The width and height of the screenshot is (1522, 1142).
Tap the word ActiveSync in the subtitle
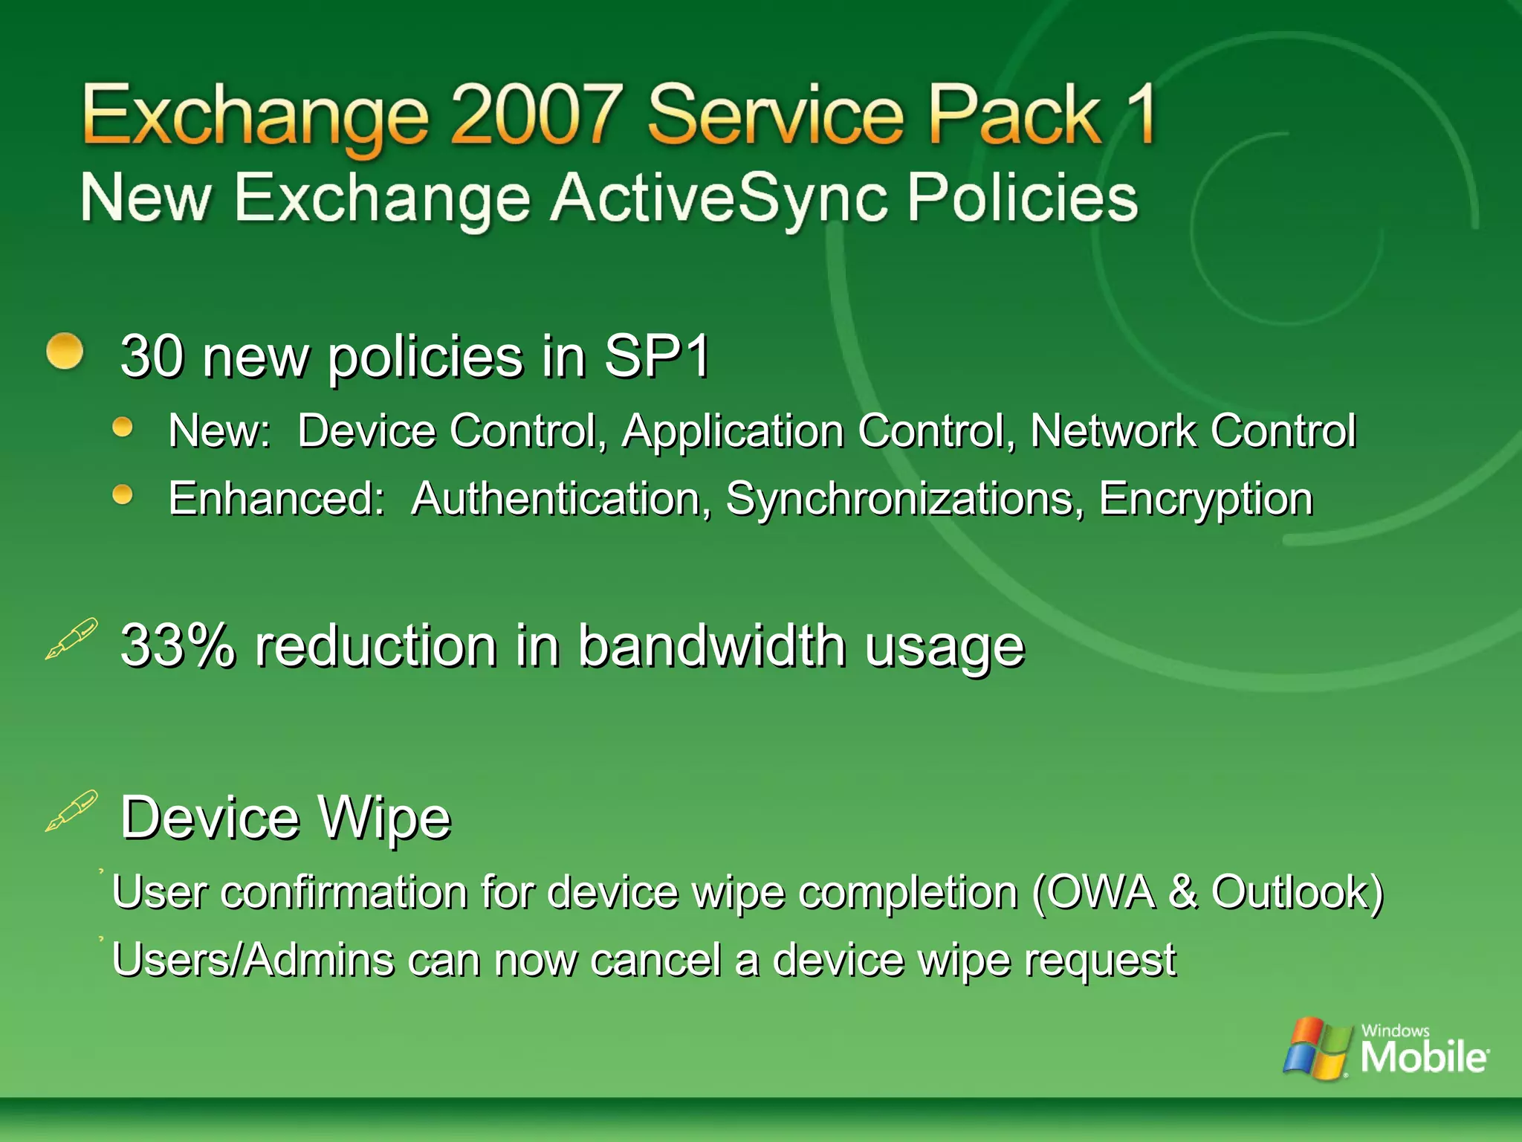click(x=719, y=199)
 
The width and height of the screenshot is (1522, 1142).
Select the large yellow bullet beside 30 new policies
click(x=65, y=351)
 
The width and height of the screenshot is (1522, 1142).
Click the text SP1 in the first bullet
click(x=657, y=356)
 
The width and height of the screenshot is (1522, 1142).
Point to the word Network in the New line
click(x=1113, y=431)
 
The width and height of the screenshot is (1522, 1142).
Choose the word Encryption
click(x=1205, y=500)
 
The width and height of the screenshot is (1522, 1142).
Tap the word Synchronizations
click(x=900, y=498)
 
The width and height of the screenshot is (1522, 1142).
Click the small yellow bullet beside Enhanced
click(x=123, y=494)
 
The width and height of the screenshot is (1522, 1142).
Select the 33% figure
click(x=178, y=645)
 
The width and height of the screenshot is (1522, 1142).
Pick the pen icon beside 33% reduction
click(x=71, y=638)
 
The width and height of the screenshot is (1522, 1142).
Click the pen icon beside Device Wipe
click(x=71, y=810)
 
